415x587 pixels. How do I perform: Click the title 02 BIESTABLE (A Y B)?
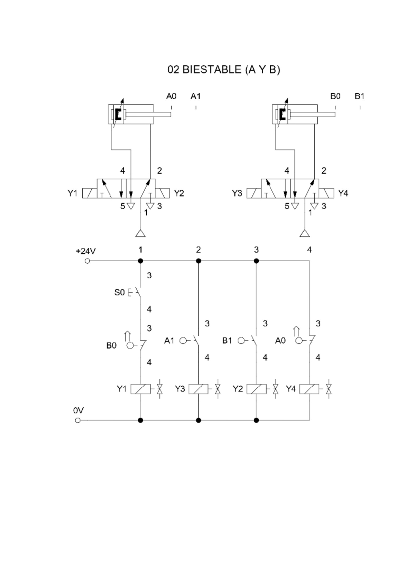224,70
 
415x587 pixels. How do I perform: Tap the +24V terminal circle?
87,261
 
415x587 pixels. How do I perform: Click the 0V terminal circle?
78,420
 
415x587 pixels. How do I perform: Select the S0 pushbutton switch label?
119,292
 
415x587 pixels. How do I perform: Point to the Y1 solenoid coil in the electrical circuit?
140,389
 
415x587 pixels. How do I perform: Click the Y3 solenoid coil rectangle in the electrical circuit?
199,389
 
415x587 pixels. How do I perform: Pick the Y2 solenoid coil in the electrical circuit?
257,389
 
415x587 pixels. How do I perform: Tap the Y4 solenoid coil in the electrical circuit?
310,389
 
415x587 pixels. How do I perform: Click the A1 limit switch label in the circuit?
169,341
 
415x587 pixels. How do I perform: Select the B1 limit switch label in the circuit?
227,341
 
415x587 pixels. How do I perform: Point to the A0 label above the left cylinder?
171,96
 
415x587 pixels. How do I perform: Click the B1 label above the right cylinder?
359,96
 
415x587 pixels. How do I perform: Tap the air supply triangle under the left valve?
141,234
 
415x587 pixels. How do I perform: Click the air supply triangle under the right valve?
305,234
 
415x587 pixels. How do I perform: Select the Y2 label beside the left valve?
179,193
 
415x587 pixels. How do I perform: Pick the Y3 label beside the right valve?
237,193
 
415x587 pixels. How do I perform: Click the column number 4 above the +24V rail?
310,250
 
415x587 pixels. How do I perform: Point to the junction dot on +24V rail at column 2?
199,261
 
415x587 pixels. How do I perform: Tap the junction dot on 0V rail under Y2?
257,420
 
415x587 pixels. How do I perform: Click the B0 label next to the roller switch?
111,345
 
